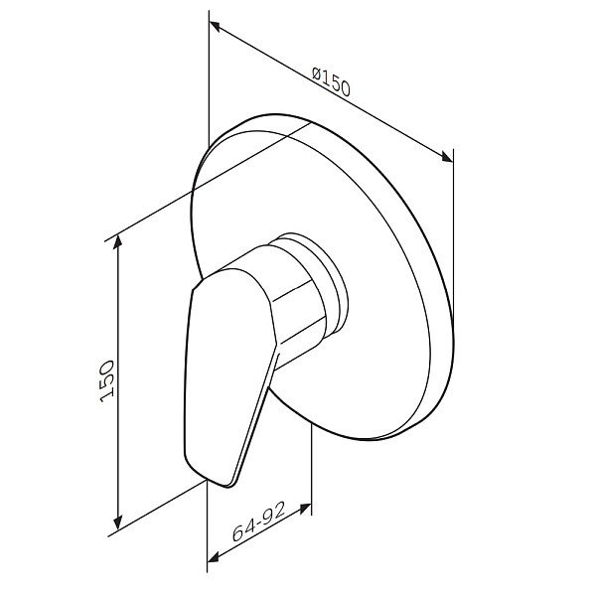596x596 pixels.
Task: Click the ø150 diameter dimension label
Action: (x=331, y=82)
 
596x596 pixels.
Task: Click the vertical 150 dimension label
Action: (x=107, y=381)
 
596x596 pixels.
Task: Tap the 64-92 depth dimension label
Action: (x=258, y=521)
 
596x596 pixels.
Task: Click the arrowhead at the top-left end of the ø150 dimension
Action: (x=215, y=26)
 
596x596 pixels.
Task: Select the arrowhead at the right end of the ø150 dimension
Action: (x=447, y=157)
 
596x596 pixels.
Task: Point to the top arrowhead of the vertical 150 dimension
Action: (x=118, y=242)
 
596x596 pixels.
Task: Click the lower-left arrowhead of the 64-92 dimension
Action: (x=214, y=557)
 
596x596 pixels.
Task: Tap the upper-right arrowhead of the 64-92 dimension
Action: (x=305, y=509)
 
